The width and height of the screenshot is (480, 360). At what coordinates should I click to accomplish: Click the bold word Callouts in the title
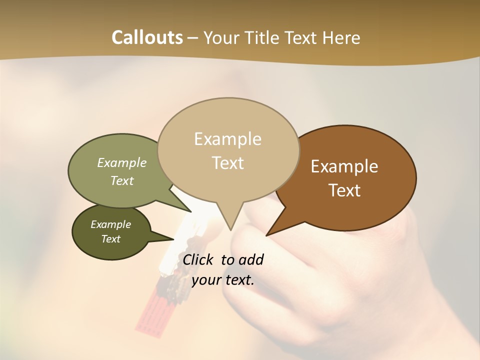[147, 37]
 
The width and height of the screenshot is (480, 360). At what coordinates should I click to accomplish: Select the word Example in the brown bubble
[344, 166]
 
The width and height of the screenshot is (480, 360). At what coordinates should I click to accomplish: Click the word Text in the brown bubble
[344, 190]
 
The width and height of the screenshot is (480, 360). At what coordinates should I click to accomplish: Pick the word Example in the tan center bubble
[227, 139]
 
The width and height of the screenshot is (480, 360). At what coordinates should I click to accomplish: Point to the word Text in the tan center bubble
[228, 163]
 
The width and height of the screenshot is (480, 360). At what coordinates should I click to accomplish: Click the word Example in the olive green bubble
[122, 163]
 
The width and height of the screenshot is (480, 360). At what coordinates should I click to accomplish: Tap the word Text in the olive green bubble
[122, 180]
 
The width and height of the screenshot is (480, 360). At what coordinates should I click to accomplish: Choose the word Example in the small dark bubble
[110, 224]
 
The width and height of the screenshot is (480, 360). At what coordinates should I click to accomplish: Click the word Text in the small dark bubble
[110, 239]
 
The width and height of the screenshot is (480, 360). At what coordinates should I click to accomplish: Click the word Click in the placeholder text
[199, 259]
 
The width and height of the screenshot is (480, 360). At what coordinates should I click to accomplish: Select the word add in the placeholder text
[251, 259]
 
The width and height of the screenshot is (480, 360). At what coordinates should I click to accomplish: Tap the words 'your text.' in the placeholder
[223, 280]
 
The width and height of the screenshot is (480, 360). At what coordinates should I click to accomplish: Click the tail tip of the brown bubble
[267, 235]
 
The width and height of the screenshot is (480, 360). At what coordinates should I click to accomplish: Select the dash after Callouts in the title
[193, 37]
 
